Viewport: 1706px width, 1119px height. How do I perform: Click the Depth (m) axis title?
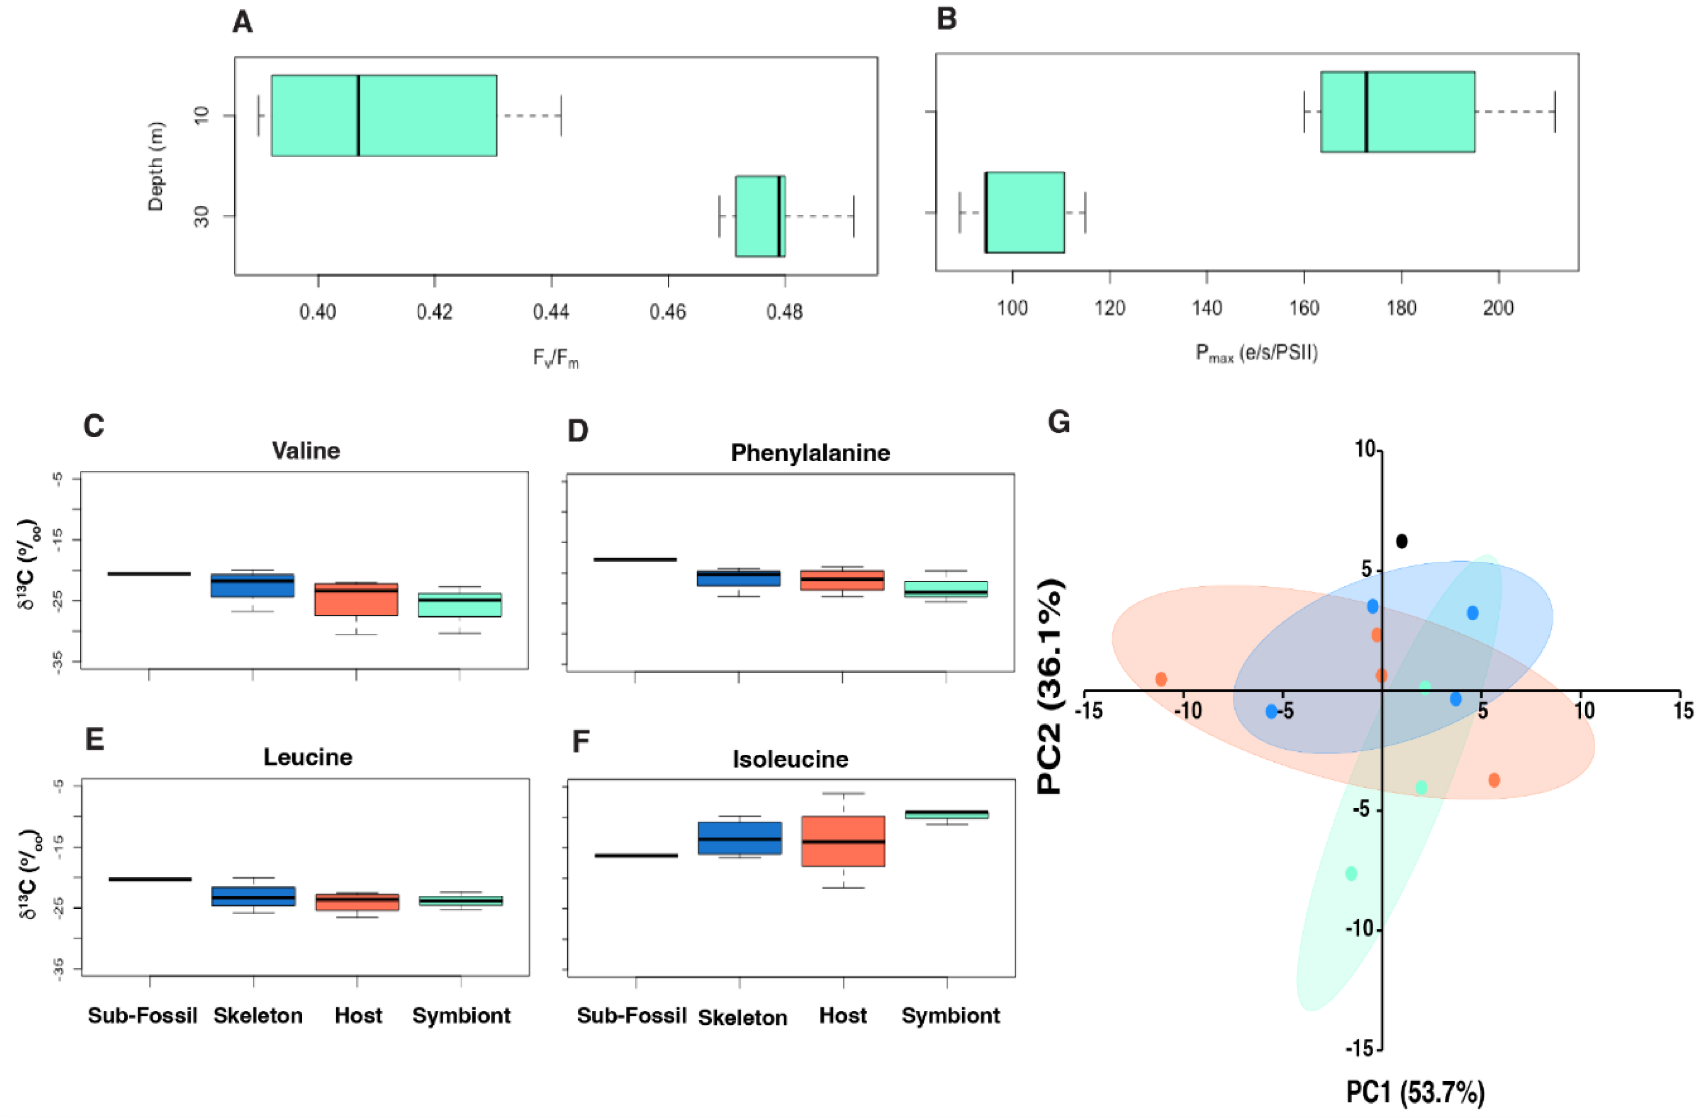coord(155,167)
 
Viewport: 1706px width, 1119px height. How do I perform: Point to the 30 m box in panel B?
coord(1024,212)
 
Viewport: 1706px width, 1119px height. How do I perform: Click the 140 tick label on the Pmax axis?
coord(1207,309)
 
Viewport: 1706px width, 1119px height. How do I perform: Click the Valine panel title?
coord(306,450)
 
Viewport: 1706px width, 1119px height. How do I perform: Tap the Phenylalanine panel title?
coord(810,453)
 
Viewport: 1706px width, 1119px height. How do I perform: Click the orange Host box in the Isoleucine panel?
coord(843,842)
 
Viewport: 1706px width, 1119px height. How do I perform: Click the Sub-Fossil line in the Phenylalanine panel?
coord(635,559)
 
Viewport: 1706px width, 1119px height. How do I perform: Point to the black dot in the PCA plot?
coord(1401,541)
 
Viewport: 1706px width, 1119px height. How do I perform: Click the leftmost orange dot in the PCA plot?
coord(1161,679)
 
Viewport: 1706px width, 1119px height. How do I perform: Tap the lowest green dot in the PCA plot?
coord(1351,873)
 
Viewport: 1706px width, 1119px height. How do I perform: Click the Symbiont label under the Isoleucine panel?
coord(951,1016)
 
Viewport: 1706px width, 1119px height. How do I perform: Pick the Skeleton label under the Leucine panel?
coord(258,1016)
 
